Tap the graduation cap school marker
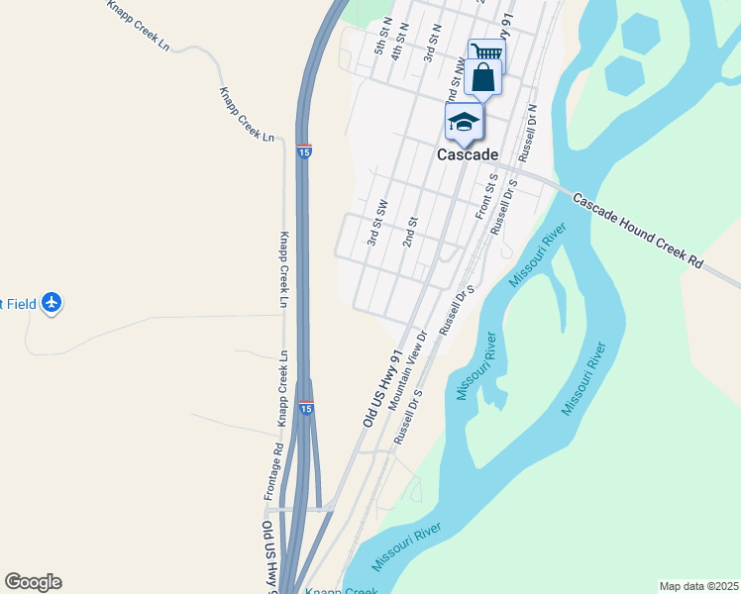click(x=463, y=123)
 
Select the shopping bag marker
click(x=482, y=77)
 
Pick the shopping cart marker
click(x=485, y=51)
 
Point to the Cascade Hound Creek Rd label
click(x=638, y=233)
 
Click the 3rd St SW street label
click(x=376, y=223)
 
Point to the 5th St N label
click(x=380, y=41)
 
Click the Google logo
click(x=33, y=582)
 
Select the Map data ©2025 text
click(x=698, y=586)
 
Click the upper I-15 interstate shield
click(x=305, y=151)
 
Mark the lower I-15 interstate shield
click(x=306, y=407)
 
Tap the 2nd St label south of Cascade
click(x=411, y=234)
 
